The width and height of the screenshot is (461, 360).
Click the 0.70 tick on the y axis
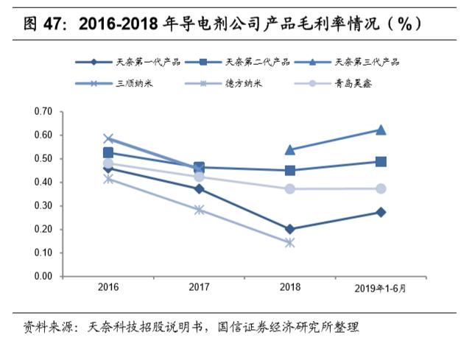tap(43, 112)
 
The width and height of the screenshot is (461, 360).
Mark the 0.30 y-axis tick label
tap(43, 206)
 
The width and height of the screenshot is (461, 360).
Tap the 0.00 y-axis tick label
tap(43, 277)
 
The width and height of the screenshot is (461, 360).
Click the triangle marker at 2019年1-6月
tap(381, 130)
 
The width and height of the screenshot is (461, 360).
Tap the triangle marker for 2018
tap(290, 149)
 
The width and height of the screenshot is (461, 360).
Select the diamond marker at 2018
tap(290, 229)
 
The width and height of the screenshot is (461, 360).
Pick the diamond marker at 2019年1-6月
tap(381, 212)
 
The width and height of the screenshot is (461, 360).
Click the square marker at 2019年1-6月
tap(381, 161)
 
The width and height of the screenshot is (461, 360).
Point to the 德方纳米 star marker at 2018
tap(290, 242)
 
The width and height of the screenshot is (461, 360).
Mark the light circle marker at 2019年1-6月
tap(381, 188)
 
